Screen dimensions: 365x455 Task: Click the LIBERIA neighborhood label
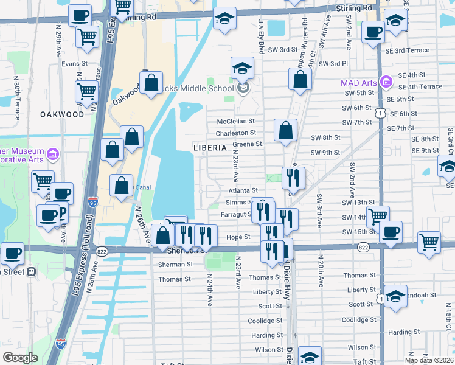(210, 148)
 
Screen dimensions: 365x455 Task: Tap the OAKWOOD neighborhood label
(62, 114)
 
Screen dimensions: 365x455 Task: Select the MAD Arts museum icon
(385, 82)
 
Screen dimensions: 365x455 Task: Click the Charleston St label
(236, 133)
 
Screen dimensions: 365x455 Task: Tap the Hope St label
(238, 237)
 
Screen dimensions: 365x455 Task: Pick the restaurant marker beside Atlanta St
(293, 178)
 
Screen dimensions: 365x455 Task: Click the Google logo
(20, 358)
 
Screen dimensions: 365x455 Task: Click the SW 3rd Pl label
(332, 64)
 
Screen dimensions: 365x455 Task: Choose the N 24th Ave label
(209, 289)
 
